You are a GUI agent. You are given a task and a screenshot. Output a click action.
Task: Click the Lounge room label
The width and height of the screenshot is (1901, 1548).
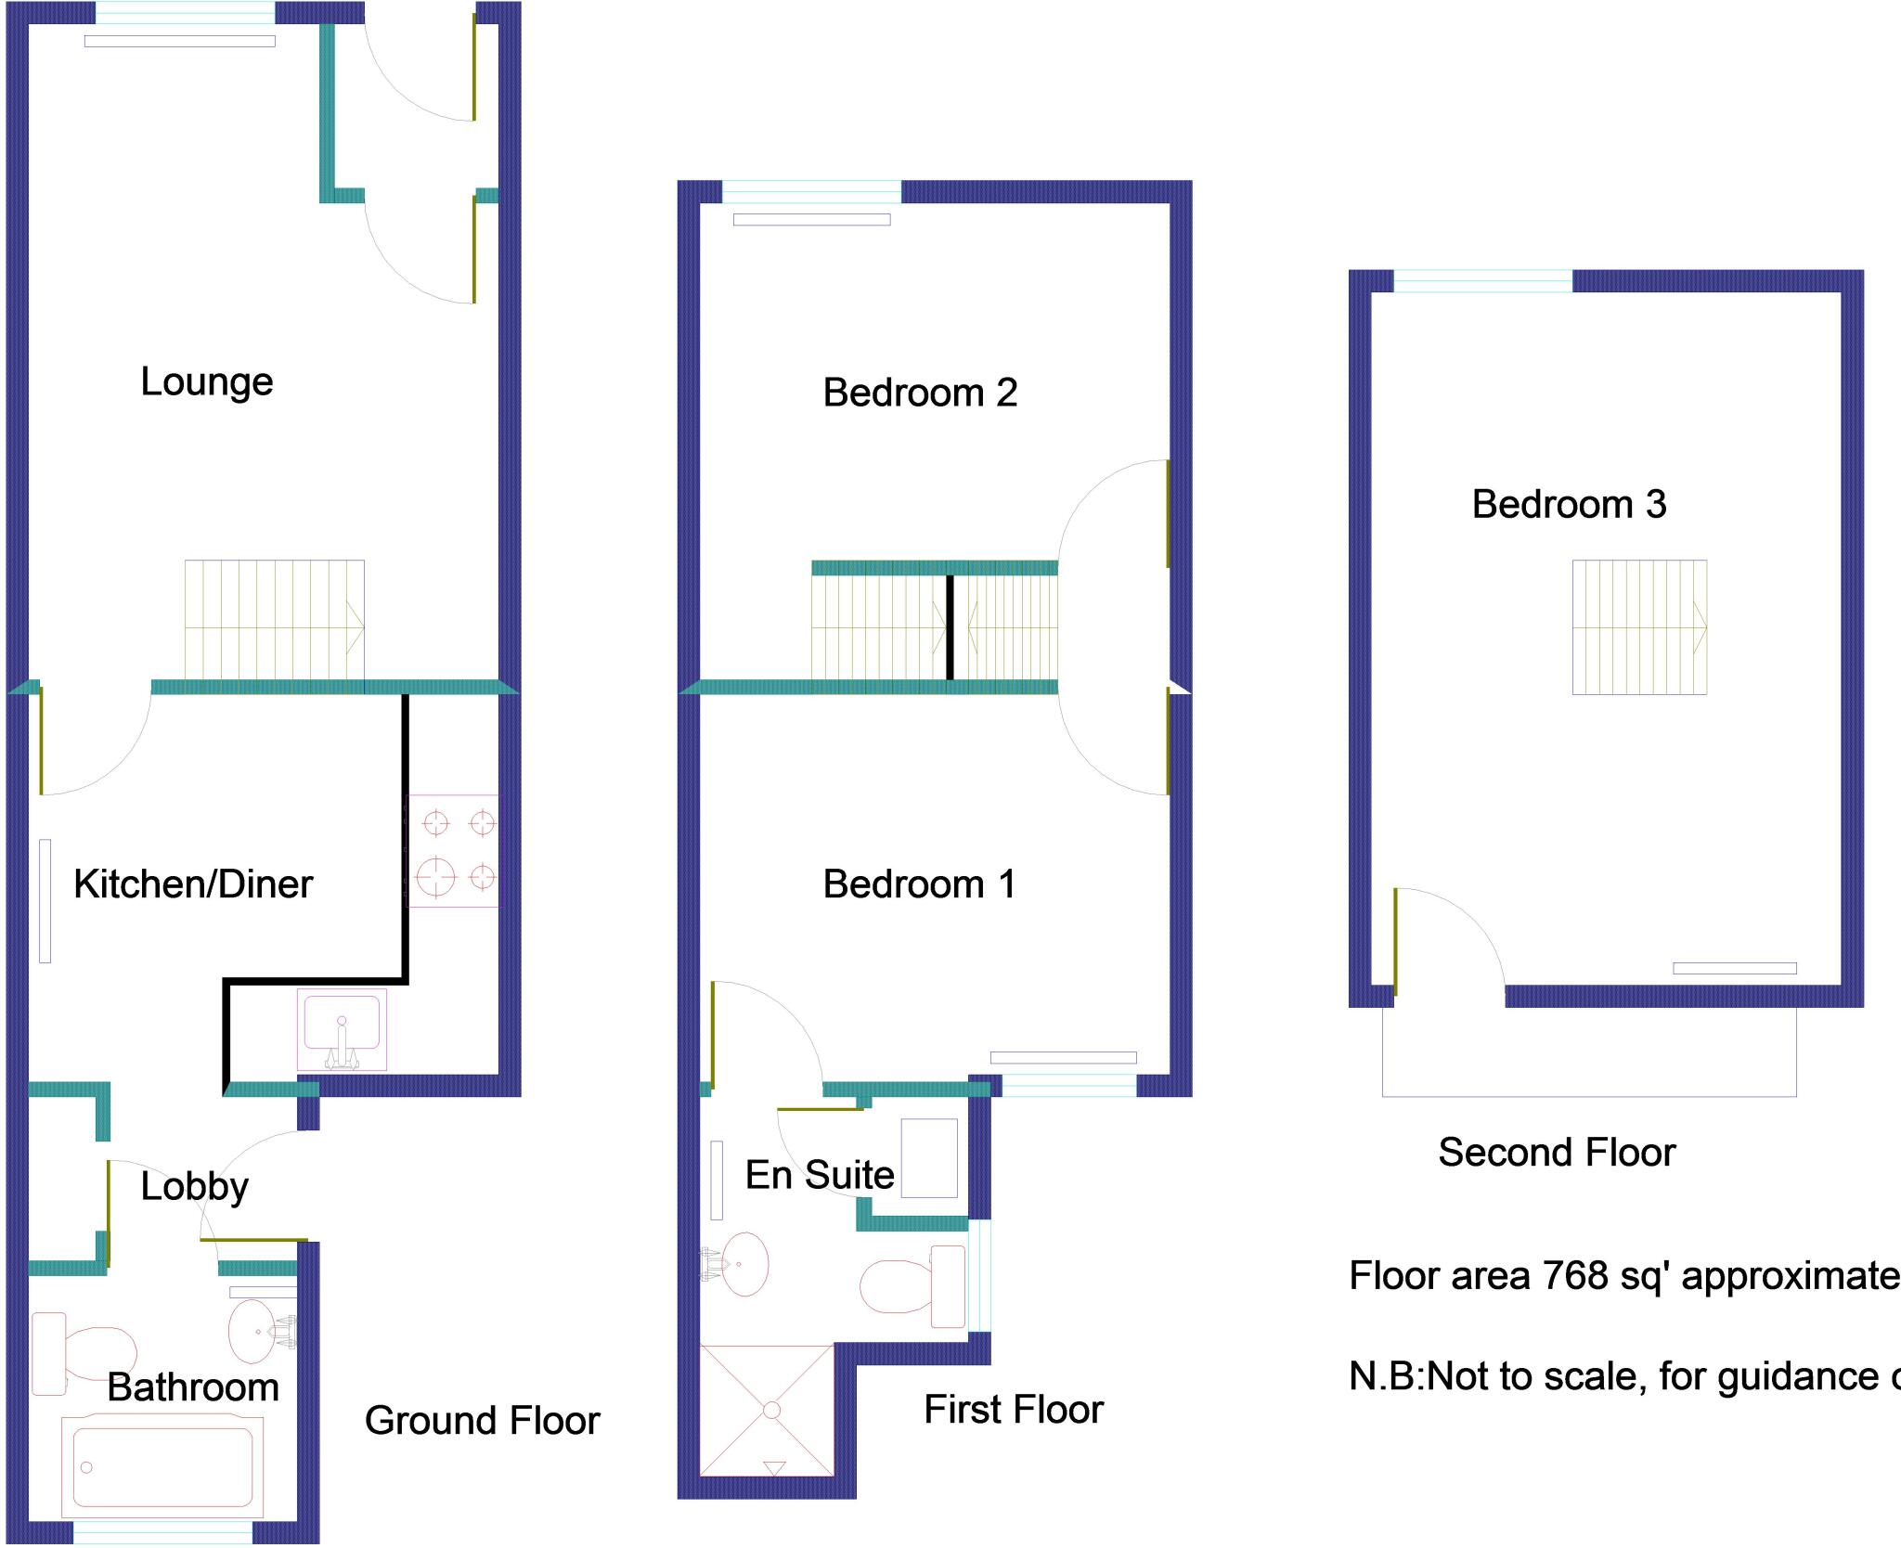(x=207, y=382)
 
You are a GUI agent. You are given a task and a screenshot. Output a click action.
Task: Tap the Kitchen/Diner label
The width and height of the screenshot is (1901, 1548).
(x=193, y=884)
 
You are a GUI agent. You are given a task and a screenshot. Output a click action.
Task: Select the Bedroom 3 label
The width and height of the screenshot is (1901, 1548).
(x=1569, y=505)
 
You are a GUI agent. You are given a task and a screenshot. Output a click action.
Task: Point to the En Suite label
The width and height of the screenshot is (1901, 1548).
(x=820, y=1175)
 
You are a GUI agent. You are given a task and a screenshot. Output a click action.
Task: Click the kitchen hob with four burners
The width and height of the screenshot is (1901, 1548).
(x=453, y=850)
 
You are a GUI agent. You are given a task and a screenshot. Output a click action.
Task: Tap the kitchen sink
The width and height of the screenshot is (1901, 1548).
(x=342, y=1028)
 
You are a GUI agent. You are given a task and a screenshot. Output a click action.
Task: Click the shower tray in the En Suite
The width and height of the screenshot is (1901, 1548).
(x=767, y=1409)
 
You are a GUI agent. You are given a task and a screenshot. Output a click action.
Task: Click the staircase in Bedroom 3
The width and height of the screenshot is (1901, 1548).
(x=1639, y=627)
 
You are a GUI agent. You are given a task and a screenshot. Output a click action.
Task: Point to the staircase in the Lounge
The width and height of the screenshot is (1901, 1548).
(x=274, y=626)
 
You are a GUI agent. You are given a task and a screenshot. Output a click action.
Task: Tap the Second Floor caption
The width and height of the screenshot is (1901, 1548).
(x=1557, y=1153)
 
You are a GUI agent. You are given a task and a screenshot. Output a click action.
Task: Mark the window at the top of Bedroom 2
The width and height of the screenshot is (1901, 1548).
(x=811, y=192)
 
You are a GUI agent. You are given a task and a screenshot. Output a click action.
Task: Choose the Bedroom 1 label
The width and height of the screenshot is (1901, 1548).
(x=919, y=884)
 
